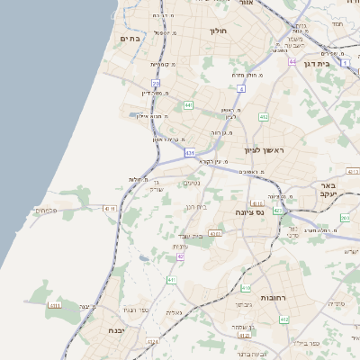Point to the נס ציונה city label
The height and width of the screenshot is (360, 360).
click(x=273, y=213)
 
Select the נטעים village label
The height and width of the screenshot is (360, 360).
click(x=192, y=184)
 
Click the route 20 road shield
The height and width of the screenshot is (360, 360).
click(x=155, y=84)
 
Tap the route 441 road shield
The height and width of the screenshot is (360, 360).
click(x=188, y=105)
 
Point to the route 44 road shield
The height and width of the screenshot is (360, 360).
click(x=292, y=62)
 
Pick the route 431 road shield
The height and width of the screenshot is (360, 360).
click(x=190, y=154)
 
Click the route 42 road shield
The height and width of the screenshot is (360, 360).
click(x=180, y=256)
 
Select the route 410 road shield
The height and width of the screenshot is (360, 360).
click(x=245, y=288)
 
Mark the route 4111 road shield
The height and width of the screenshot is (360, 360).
click(x=110, y=208)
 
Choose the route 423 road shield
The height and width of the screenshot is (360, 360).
click(x=278, y=211)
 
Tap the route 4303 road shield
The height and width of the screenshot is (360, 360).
click(x=215, y=233)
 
